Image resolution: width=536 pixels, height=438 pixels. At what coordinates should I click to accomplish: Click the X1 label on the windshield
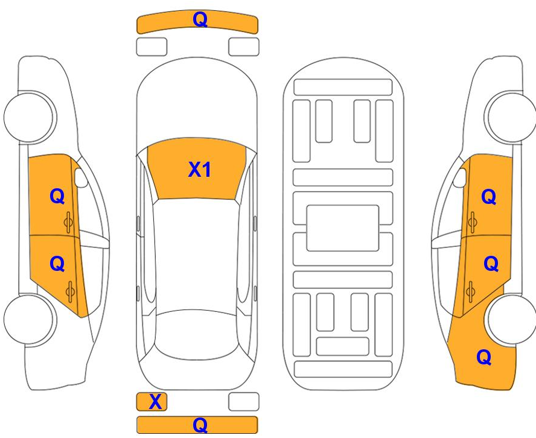[x=200, y=170]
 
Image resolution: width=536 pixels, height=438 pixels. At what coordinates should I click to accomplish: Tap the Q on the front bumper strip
[x=200, y=19]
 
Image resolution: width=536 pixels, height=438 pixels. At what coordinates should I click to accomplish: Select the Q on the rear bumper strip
[x=200, y=425]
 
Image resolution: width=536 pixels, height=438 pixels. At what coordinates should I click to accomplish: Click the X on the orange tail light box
[x=155, y=402]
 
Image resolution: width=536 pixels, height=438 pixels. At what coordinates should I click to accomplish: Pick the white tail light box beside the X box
[x=244, y=402]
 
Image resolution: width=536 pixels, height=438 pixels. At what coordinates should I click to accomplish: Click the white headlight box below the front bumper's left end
[x=152, y=47]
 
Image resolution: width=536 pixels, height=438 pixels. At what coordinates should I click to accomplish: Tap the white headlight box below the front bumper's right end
[x=244, y=47]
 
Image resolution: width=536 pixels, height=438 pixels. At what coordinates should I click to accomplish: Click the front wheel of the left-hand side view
[x=30, y=117]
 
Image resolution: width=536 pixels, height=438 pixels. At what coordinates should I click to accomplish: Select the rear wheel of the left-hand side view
[x=30, y=319]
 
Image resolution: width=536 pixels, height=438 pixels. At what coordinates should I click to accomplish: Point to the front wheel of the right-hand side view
[x=510, y=117]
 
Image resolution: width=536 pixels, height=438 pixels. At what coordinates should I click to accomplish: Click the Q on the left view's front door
[x=57, y=197]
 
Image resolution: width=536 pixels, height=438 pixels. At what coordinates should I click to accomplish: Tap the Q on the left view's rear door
[x=57, y=264]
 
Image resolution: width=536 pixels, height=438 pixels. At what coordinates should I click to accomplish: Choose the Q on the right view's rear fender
[x=484, y=357]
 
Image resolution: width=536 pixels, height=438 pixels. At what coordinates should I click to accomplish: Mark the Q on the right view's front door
[x=488, y=197]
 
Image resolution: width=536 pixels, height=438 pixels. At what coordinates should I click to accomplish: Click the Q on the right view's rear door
[x=491, y=264]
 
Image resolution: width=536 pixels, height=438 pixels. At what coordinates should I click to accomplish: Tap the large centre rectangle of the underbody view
[x=342, y=228]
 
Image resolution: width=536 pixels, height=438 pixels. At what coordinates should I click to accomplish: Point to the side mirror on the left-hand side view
[x=81, y=178]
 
